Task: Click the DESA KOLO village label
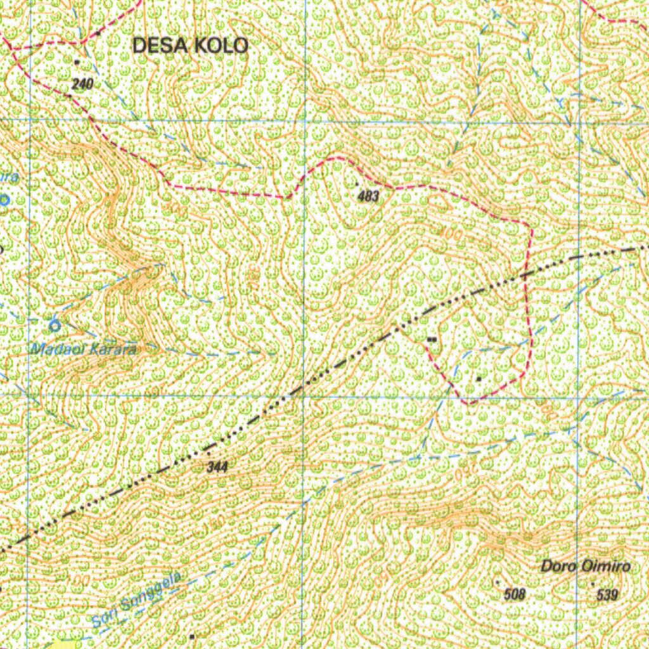pos(190,45)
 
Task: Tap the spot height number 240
pos(82,84)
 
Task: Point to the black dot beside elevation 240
pos(77,62)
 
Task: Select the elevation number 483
pos(368,196)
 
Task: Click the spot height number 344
pos(217,468)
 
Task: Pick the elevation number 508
pos(515,594)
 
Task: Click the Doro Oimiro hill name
pos(585,566)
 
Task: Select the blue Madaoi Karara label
pos(84,348)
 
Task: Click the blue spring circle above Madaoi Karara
pos(55,326)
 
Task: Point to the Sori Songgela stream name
pos(137,600)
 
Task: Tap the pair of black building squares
pos(432,340)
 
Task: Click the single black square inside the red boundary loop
pos(479,379)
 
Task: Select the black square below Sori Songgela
pos(191,635)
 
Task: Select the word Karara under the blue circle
pos(113,348)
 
